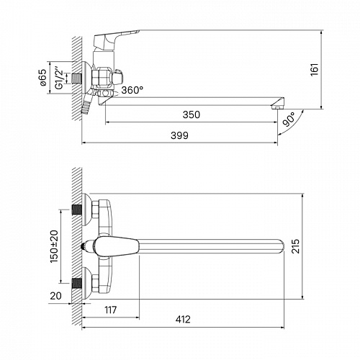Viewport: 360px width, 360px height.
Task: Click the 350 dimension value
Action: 192,114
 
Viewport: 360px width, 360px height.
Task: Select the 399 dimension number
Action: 179,135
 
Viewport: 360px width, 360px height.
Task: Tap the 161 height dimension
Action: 315,70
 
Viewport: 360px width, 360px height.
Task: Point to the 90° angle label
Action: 289,120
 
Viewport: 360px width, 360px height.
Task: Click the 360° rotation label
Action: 132,90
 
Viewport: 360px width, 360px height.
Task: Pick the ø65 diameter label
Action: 43,78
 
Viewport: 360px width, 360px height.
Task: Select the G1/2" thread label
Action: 59,78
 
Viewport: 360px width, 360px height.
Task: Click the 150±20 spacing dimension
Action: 54,246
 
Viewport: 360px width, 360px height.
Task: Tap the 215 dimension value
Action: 295,246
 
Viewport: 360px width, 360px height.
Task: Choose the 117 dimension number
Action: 111,310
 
